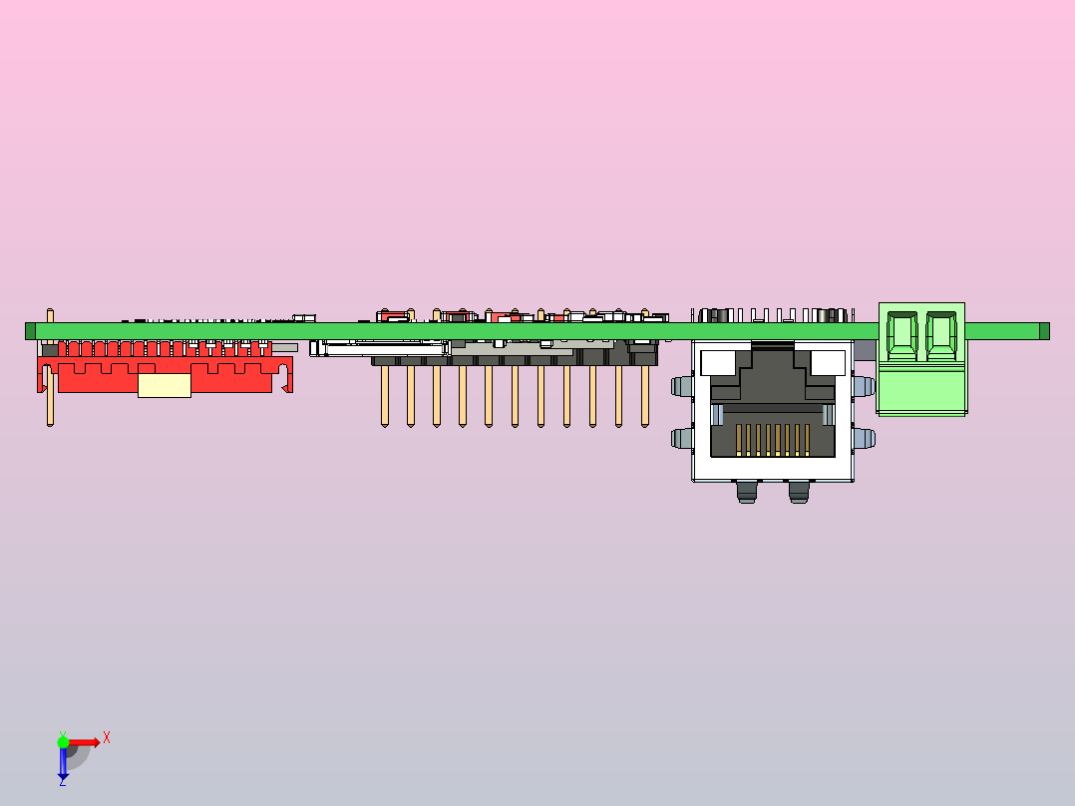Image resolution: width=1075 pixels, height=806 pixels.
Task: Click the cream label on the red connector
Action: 165,385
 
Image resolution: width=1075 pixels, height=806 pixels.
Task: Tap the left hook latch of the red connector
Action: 43,379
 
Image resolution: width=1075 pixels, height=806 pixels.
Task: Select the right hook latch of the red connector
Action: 286,379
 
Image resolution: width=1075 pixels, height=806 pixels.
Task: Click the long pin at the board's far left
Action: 50,368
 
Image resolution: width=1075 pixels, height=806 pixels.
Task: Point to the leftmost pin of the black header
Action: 385,396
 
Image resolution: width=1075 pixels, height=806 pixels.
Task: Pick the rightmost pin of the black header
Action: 645,396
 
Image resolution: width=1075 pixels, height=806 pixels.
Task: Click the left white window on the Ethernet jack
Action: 718,363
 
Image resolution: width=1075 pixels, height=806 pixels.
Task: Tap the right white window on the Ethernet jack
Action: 828,363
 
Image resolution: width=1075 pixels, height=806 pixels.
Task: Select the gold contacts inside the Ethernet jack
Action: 773,440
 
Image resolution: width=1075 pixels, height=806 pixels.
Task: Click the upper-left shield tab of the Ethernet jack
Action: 682,386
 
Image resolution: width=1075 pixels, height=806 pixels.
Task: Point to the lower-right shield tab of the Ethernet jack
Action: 864,438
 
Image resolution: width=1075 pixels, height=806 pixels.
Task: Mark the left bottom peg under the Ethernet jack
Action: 747,492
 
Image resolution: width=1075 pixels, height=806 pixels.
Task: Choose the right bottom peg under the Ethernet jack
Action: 799,492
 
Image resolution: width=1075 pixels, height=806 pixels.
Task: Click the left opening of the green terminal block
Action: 902,335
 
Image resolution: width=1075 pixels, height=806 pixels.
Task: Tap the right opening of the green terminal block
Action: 941,335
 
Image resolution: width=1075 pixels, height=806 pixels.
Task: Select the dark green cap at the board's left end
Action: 30,331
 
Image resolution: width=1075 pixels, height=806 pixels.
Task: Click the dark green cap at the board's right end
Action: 1044,331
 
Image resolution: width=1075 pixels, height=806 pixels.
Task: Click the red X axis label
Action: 107,738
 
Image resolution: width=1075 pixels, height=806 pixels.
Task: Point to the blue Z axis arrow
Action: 63,763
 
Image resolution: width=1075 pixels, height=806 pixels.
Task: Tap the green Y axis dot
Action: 63,742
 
